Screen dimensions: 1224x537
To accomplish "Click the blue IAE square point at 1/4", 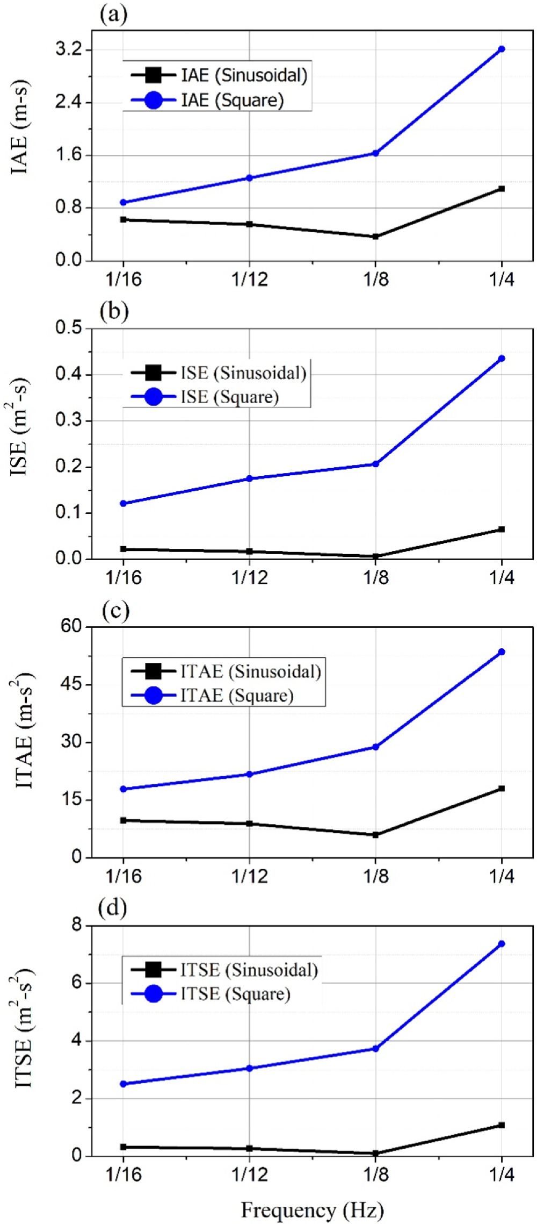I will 502,49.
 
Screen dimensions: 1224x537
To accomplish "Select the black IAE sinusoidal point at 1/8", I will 375,237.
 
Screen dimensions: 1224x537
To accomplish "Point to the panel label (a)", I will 114,15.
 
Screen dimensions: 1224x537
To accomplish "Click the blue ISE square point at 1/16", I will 123,503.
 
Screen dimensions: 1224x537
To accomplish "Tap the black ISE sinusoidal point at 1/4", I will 502,529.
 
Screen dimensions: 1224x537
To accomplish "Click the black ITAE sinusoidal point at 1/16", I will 123,820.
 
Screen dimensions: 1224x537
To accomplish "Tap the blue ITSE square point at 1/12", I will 249,1068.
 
